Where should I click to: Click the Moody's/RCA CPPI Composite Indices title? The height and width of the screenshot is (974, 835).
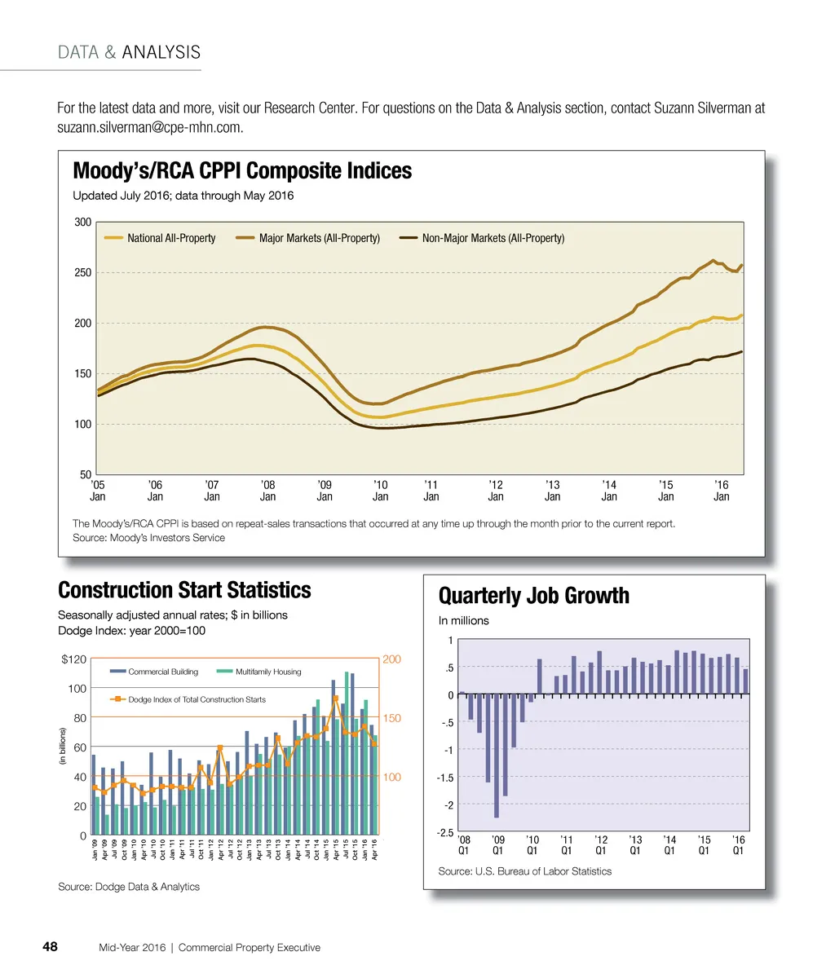pos(242,171)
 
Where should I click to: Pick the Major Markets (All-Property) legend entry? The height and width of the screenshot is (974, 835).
pos(319,238)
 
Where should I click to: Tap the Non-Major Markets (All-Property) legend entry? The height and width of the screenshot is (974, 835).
pos(493,238)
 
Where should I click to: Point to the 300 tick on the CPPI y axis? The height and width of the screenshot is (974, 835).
pos(82,222)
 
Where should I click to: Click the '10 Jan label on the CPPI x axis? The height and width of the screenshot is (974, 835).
pos(380,490)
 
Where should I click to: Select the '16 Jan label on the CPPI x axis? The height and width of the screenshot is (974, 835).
pos(722,490)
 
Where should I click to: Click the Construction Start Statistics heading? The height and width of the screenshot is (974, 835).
pos(184,590)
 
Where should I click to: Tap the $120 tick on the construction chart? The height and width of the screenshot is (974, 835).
pos(74,659)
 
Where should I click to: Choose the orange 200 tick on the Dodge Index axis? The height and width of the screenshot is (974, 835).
pos(392,659)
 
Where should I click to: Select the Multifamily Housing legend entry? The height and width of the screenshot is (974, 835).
pos(268,672)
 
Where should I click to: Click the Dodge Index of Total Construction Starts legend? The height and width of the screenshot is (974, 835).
pos(197,699)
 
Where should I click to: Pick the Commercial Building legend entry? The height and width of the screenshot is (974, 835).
pos(163,672)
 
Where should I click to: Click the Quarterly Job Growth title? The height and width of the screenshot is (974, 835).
pos(534,596)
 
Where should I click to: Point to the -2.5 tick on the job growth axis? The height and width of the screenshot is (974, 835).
pos(444,832)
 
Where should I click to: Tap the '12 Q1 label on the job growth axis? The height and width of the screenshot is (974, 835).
pos(601,844)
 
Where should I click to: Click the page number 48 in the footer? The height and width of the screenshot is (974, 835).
pos(50,947)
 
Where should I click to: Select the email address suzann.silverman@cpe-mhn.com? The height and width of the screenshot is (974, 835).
pos(150,128)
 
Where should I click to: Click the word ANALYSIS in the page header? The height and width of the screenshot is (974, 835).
pos(161,53)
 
